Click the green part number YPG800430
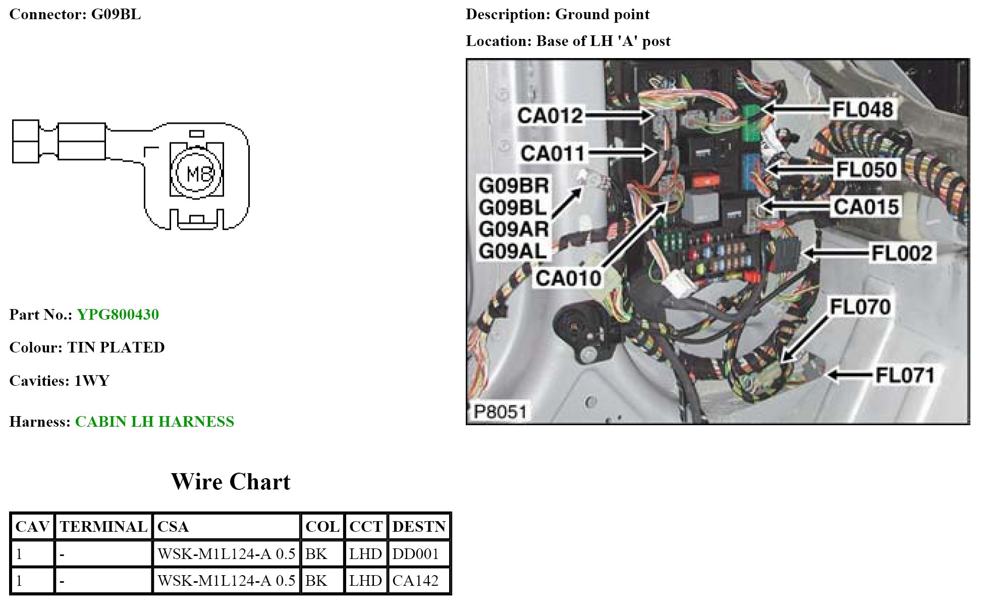coord(118,315)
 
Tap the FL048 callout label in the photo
coord(862,109)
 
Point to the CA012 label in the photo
coord(550,116)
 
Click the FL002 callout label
coord(901,253)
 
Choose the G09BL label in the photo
coord(513,208)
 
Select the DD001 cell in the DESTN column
coord(415,554)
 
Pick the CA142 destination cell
coord(415,581)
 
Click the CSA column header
coord(173,527)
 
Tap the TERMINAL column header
coord(103,527)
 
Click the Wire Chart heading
coord(231,482)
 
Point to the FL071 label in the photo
coord(905,375)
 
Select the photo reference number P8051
coord(500,412)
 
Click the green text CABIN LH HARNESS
coord(154,422)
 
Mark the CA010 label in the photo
coord(568,278)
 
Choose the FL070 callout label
coord(860,307)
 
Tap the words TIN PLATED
coord(116,347)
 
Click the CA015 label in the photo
coord(866,207)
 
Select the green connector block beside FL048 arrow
coord(752,123)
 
